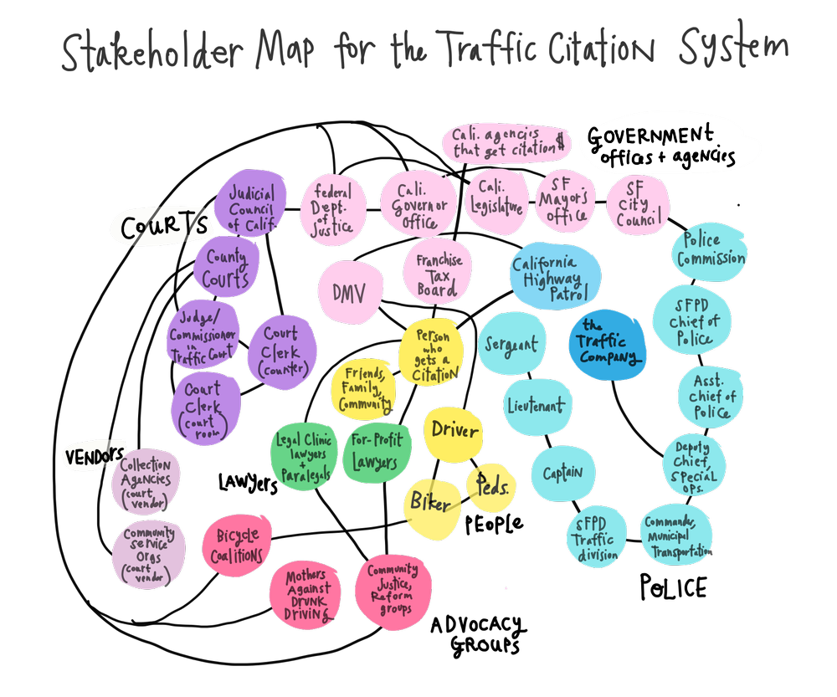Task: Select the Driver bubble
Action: click(454, 432)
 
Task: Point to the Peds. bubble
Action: click(490, 484)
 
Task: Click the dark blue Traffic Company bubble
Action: click(608, 342)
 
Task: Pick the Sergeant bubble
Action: click(511, 344)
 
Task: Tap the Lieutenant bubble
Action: click(536, 406)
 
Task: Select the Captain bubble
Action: click(562, 474)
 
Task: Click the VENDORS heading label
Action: click(95, 456)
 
